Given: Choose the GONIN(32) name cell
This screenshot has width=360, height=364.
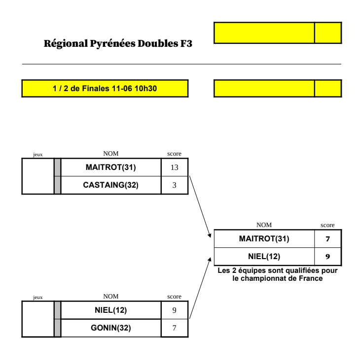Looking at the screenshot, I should point(110,328).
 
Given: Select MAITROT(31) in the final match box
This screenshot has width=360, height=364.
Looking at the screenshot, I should point(264,239).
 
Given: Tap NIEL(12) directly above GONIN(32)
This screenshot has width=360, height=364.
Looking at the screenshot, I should point(110,310).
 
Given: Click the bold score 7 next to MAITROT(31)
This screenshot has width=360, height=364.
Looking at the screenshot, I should point(327,239).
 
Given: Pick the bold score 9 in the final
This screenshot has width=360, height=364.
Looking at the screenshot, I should point(327,256).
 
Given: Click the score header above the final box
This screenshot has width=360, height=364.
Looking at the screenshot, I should point(327,225).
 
